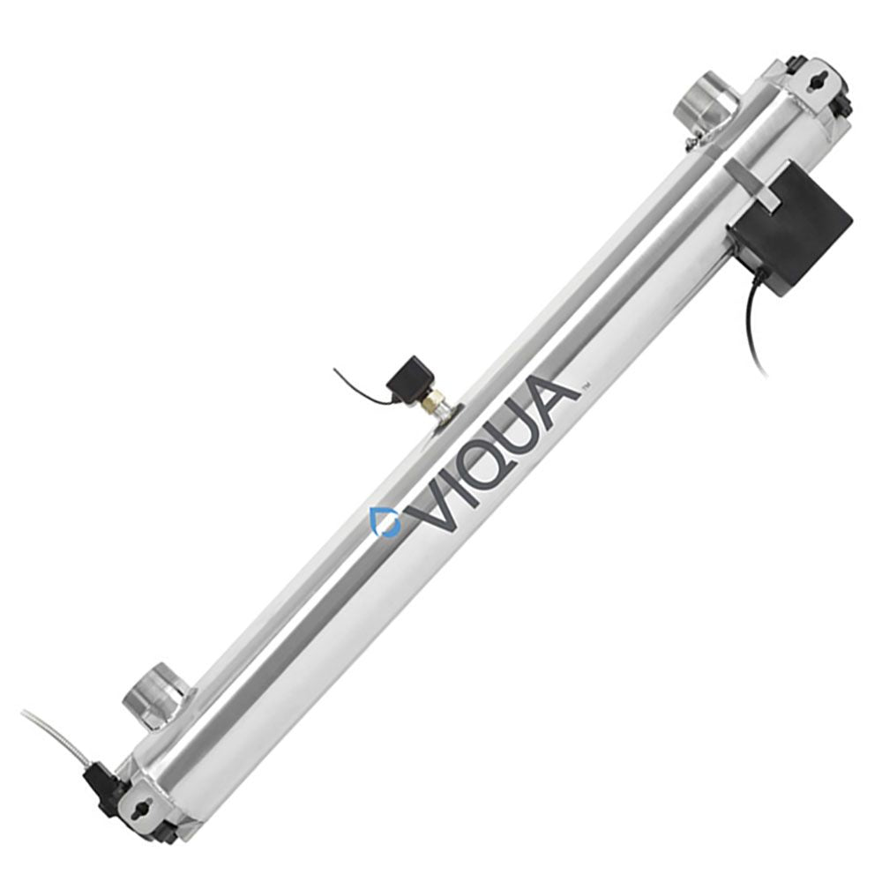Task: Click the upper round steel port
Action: [x=706, y=100]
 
